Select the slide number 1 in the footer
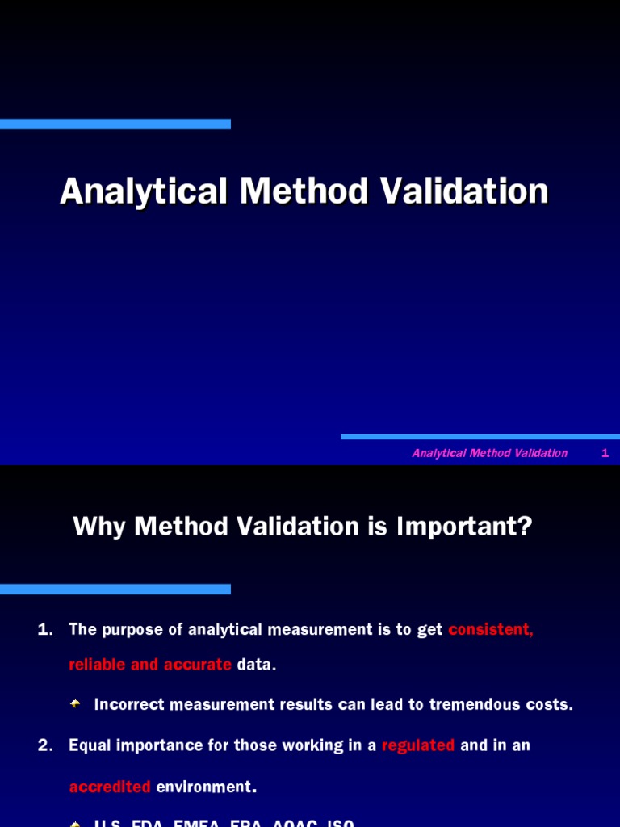(x=605, y=453)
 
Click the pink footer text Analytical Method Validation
(x=489, y=453)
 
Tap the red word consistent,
(x=490, y=630)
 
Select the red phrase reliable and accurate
(x=150, y=665)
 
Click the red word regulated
(x=418, y=745)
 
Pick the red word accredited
(x=110, y=787)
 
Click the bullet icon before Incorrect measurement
(x=75, y=704)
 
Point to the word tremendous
(x=472, y=704)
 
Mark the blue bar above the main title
(x=115, y=124)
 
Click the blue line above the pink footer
(x=480, y=437)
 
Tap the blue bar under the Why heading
(x=115, y=590)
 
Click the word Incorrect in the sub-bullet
(x=129, y=704)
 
